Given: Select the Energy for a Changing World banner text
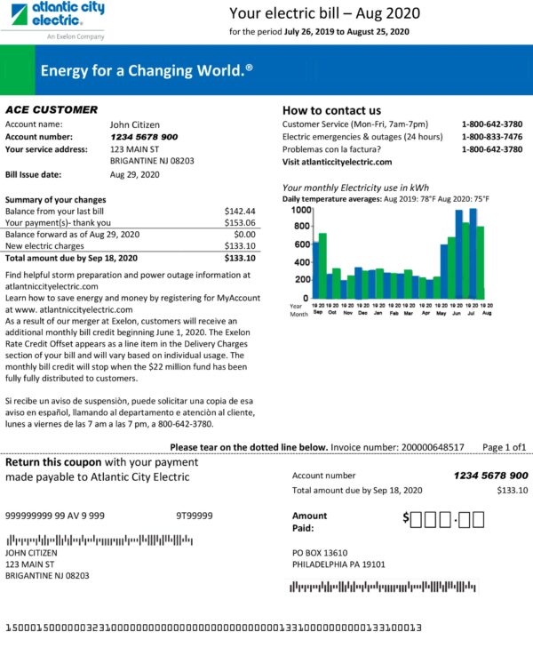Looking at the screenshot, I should pos(147,70).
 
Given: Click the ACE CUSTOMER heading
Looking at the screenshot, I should pos(52,109).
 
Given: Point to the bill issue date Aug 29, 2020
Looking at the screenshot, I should pos(134,174).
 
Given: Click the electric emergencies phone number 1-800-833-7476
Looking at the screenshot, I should pos(491,137).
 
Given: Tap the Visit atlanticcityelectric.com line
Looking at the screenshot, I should pos(337,163).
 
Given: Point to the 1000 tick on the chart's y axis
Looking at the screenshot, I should pos(300,211).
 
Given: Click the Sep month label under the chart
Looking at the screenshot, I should pos(318,313).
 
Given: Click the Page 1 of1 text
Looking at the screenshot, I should pos(504,447).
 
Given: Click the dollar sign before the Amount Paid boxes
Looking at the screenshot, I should pos(406,517).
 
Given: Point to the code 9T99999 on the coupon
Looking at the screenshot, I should pos(195,516).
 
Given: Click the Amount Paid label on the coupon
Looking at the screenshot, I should pos(309,521).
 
